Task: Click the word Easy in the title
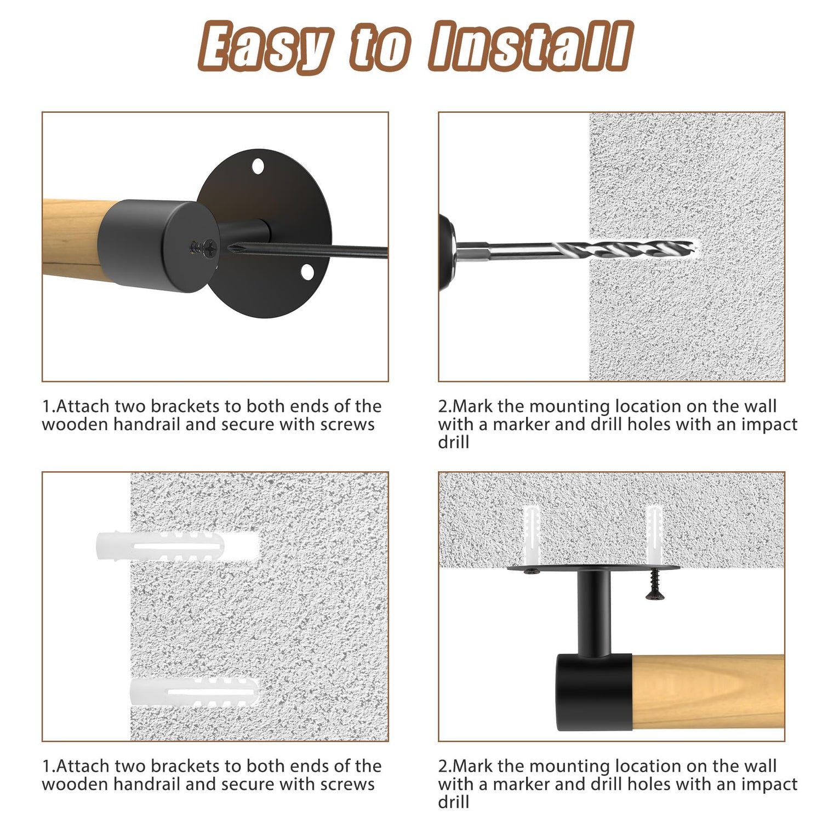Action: (265, 48)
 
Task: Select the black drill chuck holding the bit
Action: (447, 252)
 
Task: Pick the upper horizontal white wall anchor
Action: (177, 546)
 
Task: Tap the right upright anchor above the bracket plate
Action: (654, 535)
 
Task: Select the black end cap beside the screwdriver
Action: (158, 246)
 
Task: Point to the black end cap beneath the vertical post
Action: (595, 693)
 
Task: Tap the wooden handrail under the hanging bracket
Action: (708, 692)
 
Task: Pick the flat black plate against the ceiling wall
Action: (593, 568)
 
